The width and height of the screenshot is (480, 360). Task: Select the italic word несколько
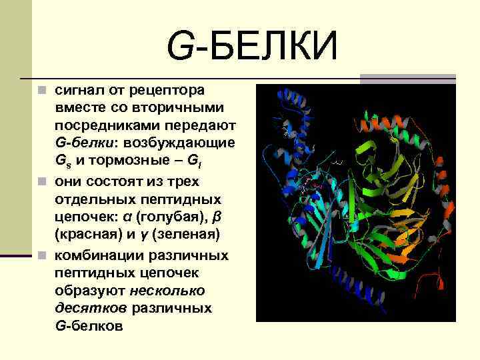[167, 291]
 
